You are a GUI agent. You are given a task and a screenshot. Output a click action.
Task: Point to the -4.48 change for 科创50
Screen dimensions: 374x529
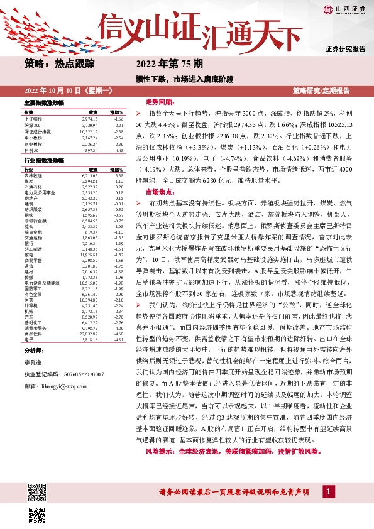116,150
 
